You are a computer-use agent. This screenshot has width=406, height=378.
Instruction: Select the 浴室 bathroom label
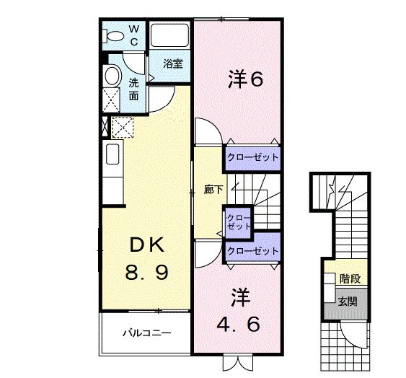coord(172,63)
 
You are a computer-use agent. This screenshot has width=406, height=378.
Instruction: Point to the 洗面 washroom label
coord(134,88)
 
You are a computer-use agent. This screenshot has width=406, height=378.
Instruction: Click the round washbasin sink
coord(111,76)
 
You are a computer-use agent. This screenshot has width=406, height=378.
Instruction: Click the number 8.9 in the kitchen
coord(147,273)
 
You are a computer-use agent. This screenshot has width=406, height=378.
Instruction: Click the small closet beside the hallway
coord(236,221)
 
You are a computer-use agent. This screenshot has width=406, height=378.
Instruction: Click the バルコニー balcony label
coord(146,333)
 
